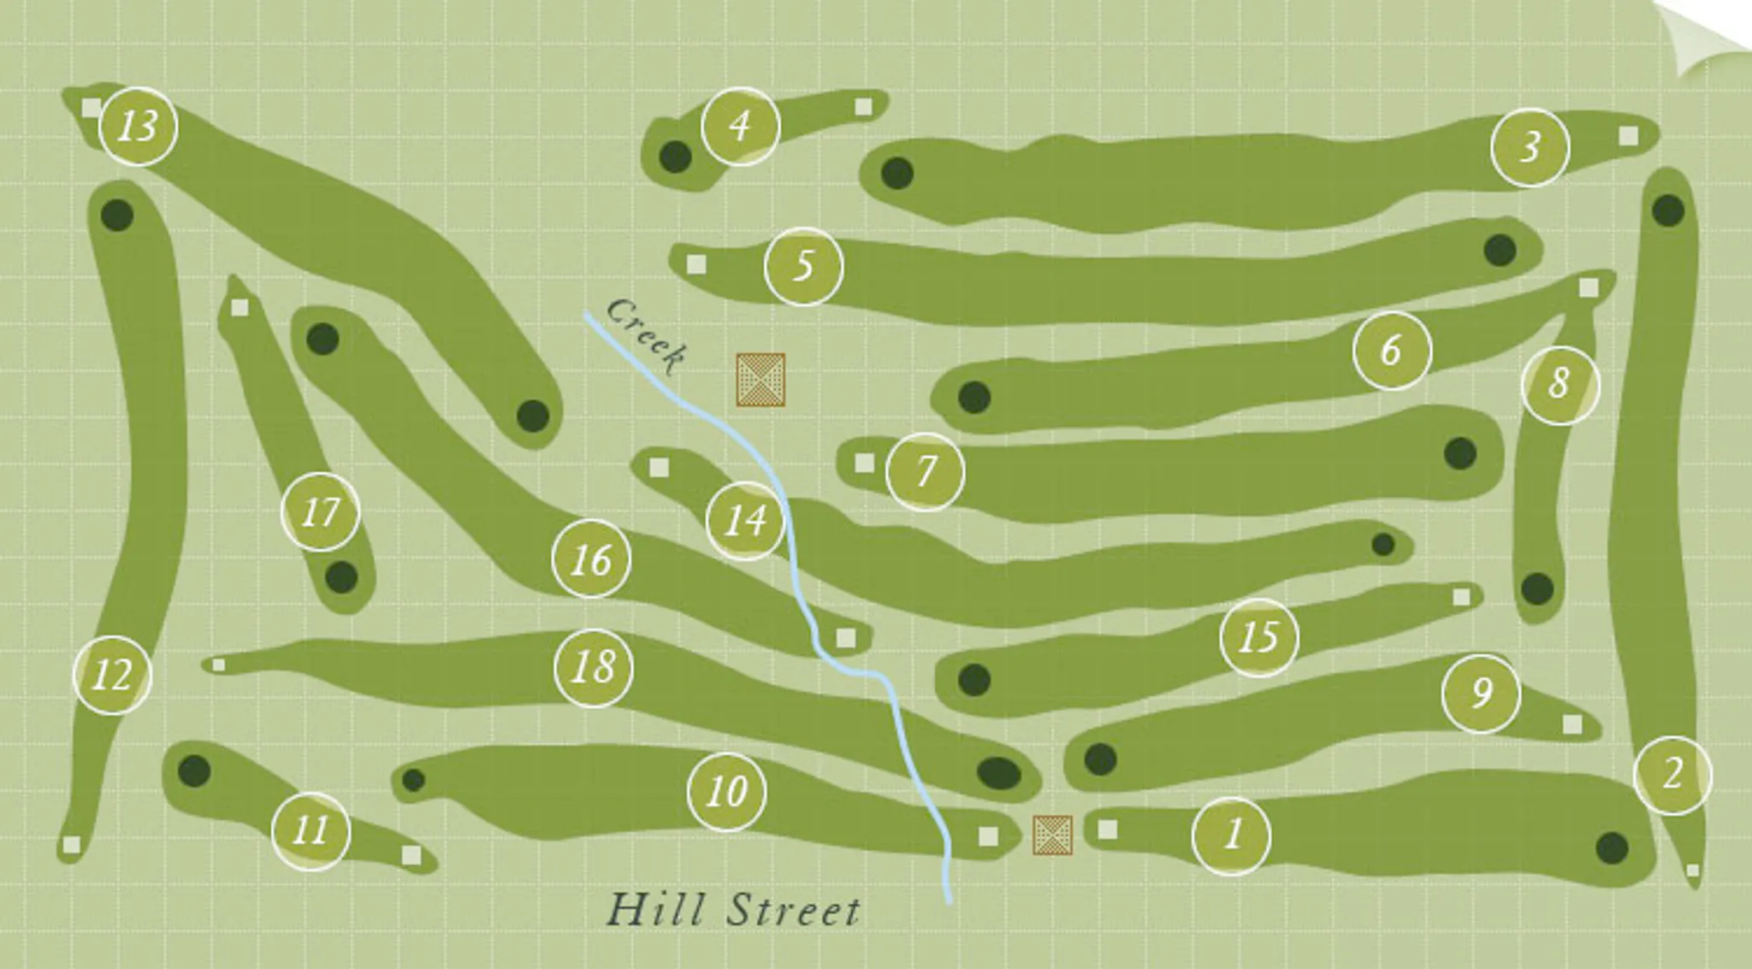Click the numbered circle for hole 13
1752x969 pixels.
(x=139, y=127)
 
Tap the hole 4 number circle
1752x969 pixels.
(x=740, y=127)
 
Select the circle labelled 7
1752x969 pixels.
(x=925, y=471)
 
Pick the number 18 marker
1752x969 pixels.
(x=594, y=667)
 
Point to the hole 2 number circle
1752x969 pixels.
(x=1672, y=775)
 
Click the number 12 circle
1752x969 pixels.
(x=113, y=675)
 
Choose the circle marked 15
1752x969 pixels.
(x=1258, y=637)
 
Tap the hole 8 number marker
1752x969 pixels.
(x=1560, y=384)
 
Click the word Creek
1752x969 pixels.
(x=646, y=335)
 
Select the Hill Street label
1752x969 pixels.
(x=733, y=910)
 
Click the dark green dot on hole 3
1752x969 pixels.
(x=897, y=174)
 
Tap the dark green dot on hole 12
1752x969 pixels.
(x=117, y=215)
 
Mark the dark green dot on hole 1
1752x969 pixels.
(x=1612, y=848)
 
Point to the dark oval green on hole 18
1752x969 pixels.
(x=998, y=773)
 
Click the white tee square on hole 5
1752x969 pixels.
(x=696, y=264)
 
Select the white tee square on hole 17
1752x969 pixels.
(x=240, y=307)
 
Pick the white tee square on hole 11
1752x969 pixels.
(x=411, y=855)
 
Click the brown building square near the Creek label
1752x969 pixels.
(x=761, y=380)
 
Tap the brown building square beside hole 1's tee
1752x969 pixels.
(x=1052, y=835)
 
